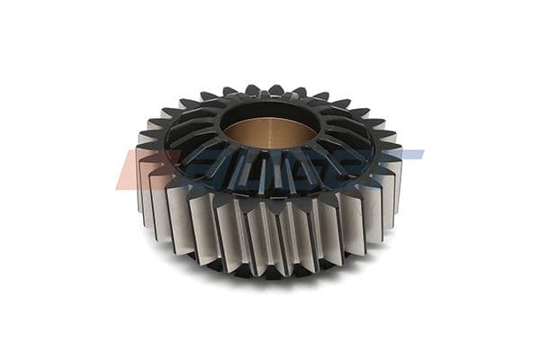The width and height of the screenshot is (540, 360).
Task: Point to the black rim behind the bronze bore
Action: point(270,106)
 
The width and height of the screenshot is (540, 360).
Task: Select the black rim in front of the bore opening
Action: point(270,155)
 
